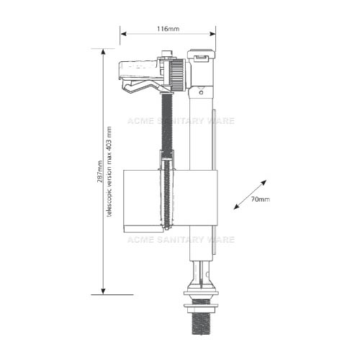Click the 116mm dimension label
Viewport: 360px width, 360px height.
[x=168, y=29]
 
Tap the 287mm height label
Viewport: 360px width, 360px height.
[x=100, y=171]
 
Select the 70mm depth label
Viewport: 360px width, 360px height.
[x=261, y=199]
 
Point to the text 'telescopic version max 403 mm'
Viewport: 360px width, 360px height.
[x=109, y=171]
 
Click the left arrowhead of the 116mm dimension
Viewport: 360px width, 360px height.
[x=123, y=34]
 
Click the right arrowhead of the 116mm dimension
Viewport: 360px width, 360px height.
[x=212, y=34]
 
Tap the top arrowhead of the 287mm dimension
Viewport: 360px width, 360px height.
[x=103, y=52]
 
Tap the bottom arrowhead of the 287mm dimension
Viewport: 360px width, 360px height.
[x=103, y=291]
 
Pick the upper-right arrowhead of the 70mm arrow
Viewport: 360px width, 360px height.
[x=264, y=182]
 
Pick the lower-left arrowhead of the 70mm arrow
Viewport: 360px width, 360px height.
[x=237, y=207]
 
